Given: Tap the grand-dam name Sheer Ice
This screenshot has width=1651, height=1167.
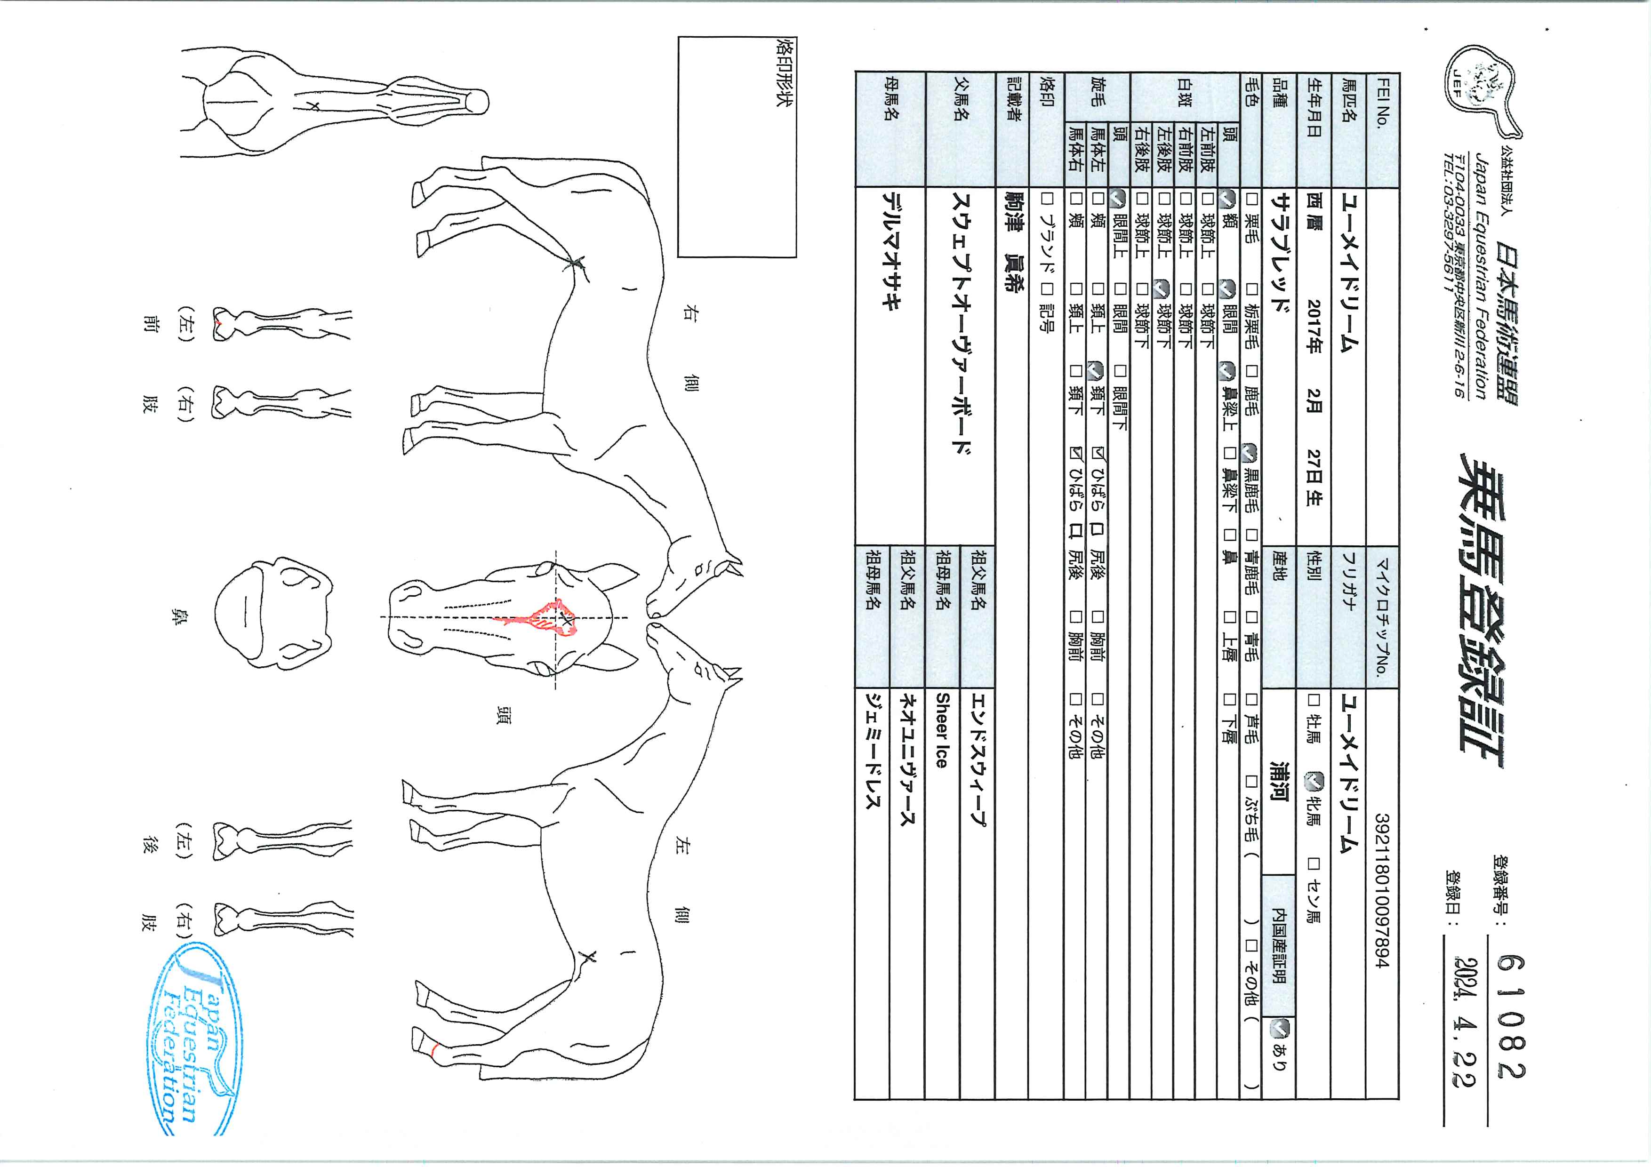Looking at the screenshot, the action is coord(942,730).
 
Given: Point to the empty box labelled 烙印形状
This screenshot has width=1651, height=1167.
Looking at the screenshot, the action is coord(737,147).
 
